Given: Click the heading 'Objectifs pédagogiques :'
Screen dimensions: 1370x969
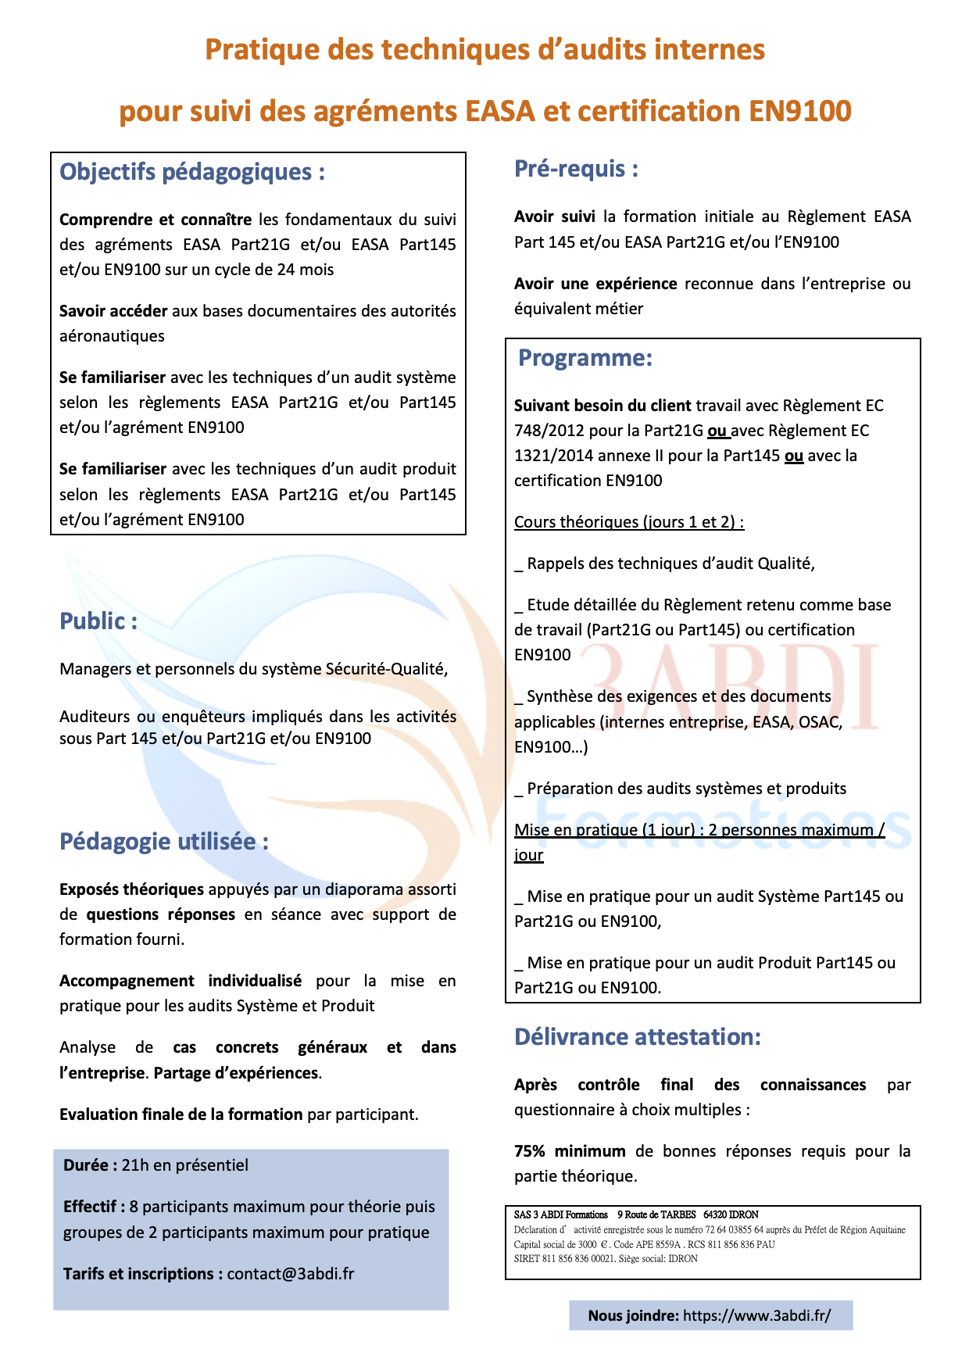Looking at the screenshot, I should pyautogui.click(x=192, y=172).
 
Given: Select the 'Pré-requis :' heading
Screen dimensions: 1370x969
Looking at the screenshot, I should pyautogui.click(x=576, y=169).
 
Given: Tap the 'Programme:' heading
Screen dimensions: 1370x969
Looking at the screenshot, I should pyautogui.click(x=585, y=358).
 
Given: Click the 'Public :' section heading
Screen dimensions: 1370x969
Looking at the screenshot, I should pyautogui.click(x=98, y=621).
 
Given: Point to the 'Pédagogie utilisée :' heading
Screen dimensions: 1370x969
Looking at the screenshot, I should pyautogui.click(x=164, y=842).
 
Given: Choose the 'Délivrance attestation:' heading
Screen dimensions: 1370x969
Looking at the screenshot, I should pyautogui.click(x=637, y=1037).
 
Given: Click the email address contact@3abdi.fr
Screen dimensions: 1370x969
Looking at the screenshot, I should pyautogui.click(x=291, y=1274).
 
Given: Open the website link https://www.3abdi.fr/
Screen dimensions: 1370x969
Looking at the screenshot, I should pyautogui.click(x=756, y=1315).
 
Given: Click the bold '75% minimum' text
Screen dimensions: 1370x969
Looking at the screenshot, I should pyautogui.click(x=570, y=1151).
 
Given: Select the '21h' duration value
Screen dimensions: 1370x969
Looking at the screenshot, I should pyautogui.click(x=135, y=1165).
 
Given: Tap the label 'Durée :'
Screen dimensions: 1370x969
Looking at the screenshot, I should pyautogui.click(x=91, y=1165).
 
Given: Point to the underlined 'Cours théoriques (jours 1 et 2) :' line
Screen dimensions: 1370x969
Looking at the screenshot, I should pyautogui.click(x=629, y=522).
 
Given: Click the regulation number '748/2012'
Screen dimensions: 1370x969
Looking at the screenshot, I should pyautogui.click(x=546, y=431).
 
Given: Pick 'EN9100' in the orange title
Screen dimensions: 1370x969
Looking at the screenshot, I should pyautogui.click(x=799, y=111).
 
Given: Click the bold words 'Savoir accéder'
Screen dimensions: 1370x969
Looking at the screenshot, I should pyautogui.click(x=113, y=311).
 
